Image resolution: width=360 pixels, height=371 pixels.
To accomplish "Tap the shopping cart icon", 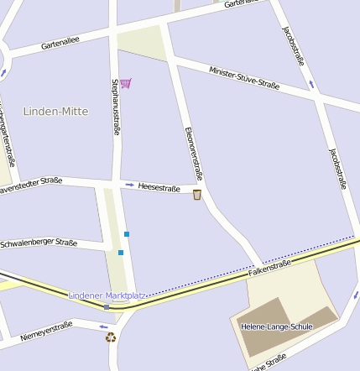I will tap(126, 83).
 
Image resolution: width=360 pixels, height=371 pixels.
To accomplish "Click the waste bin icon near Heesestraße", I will tap(197, 195).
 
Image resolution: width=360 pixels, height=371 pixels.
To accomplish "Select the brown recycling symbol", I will tap(111, 337).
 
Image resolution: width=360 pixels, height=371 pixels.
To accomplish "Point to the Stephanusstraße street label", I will tap(116, 107).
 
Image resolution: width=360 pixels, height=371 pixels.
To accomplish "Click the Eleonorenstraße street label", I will tap(194, 154).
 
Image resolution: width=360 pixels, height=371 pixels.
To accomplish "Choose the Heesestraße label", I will tap(159, 188).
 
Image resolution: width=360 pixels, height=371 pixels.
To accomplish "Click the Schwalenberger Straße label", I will tap(39, 243).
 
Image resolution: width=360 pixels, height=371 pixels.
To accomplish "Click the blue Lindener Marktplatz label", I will tap(107, 295).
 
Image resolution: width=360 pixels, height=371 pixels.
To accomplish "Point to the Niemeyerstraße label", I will tap(47, 330).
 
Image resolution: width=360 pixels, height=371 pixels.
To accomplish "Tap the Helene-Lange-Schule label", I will tap(276, 326).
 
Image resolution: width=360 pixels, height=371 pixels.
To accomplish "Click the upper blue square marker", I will tap(127, 233).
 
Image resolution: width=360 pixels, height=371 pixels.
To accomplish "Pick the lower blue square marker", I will tap(121, 252).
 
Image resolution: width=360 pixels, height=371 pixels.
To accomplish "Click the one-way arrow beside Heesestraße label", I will tap(129, 185).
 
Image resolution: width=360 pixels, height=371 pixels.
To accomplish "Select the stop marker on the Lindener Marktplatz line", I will tap(107, 306).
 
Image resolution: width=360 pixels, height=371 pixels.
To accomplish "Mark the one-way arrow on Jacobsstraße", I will tap(311, 83).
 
